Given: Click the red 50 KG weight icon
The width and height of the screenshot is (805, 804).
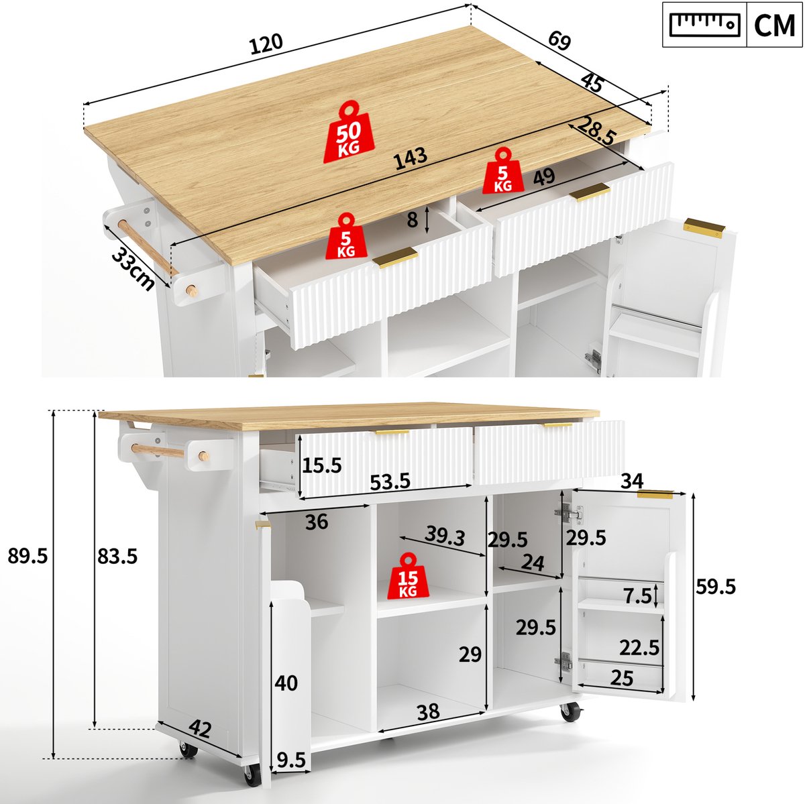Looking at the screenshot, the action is coord(349,132).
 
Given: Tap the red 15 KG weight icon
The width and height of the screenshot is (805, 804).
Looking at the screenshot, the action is coord(408,577).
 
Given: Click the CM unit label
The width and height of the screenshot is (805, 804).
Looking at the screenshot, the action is coord(774,25).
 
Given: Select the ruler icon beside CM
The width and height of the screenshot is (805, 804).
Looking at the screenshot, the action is coord(705,25).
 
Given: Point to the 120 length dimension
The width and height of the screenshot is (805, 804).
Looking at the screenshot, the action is coord(266,44).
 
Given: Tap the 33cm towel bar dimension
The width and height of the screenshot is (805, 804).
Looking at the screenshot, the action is coord(133,268).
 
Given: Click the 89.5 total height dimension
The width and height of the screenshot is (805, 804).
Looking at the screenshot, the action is coord(28,556).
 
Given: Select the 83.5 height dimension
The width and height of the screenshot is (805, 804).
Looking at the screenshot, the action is coord(117,557).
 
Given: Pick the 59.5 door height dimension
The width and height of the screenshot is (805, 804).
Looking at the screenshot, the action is coord(716,587).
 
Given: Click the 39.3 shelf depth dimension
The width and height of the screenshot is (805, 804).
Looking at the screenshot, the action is coord(445,536).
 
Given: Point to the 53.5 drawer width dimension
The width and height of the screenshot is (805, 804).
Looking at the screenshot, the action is coord(390,482).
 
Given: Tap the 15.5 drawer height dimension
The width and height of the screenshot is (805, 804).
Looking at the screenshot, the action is coord(322,465).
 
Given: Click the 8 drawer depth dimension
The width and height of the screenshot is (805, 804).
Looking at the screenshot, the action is coord(413,220).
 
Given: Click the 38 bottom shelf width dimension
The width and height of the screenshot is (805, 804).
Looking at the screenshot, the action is coord(429,711).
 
